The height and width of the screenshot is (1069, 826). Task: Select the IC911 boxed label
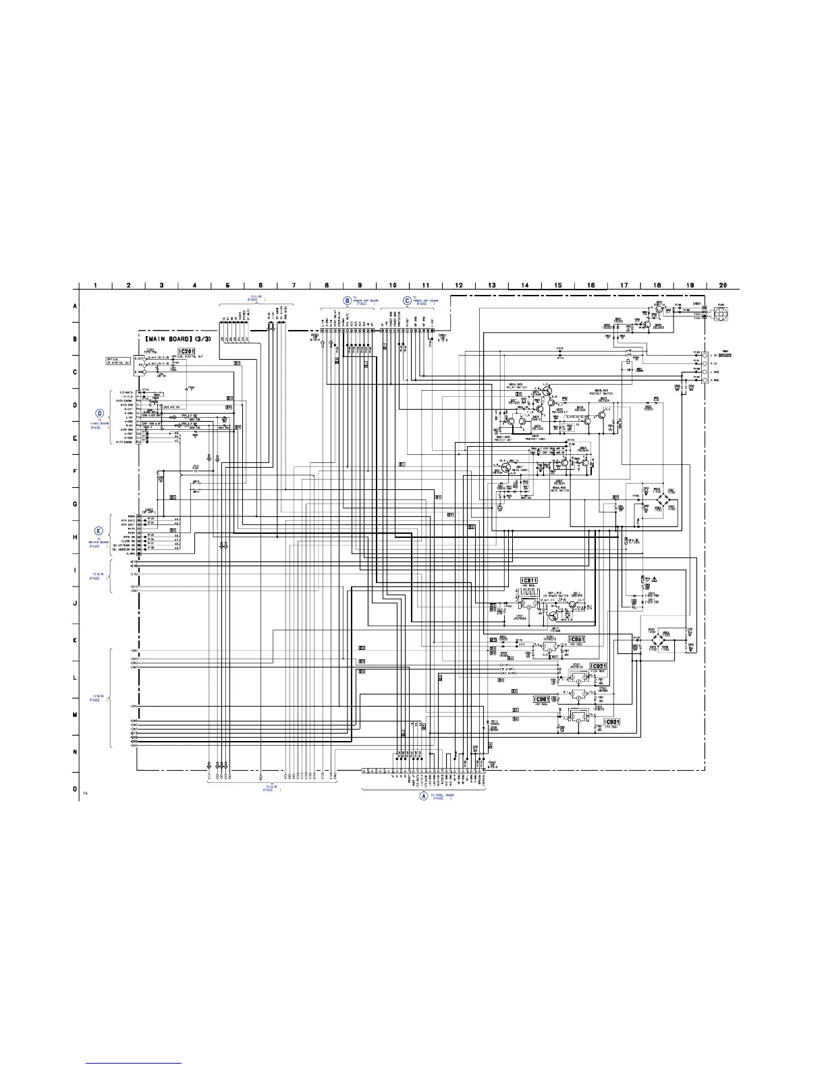(529, 580)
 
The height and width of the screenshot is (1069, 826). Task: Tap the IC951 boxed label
(576, 639)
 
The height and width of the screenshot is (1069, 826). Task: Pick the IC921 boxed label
(599, 666)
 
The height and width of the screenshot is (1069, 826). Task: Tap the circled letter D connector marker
(99, 414)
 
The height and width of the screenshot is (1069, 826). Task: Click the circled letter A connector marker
(424, 796)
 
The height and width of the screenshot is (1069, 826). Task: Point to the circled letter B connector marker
(348, 300)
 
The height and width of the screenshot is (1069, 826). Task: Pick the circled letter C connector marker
(407, 300)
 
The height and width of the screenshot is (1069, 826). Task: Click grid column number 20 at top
(723, 285)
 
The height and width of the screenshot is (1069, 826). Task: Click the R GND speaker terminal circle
(704, 381)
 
